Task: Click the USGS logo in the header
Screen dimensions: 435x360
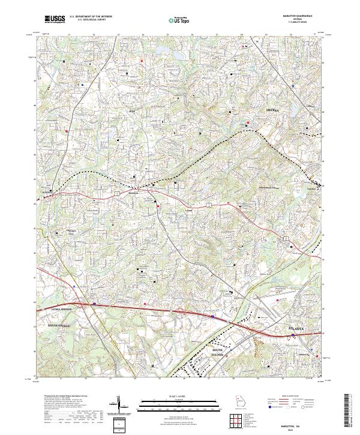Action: pos(55,19)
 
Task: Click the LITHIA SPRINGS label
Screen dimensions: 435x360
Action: pos(58,309)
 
